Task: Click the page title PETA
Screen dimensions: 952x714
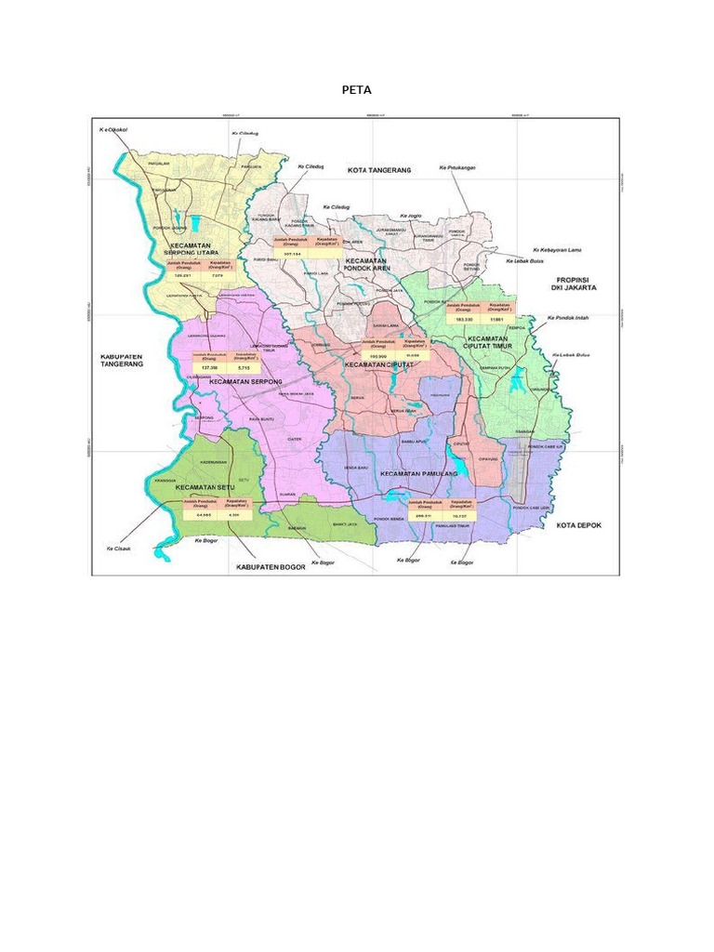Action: click(357, 90)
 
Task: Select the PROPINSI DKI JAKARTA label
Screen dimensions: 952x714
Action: click(575, 284)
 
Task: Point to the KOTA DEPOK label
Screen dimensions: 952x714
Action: click(579, 525)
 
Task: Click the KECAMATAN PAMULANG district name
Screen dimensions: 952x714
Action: click(419, 474)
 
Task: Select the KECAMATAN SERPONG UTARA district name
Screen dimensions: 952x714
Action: click(193, 249)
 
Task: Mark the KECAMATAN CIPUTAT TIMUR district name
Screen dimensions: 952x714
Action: click(488, 343)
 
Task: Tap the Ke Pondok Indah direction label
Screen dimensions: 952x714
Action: click(569, 318)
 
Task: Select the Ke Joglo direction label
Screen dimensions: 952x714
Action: click(410, 215)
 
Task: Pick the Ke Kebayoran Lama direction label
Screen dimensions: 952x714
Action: click(555, 250)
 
